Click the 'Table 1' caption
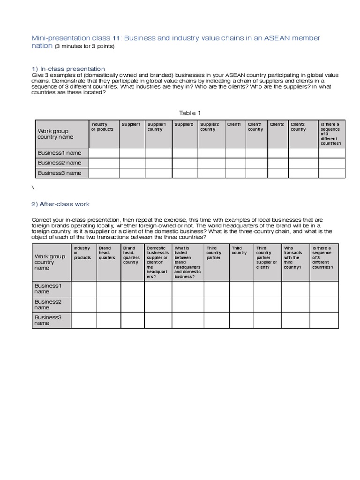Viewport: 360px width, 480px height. point(190,113)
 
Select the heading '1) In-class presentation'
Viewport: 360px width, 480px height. point(68,69)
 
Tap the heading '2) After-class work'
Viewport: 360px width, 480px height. point(60,204)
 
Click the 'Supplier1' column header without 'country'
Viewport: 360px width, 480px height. point(131,124)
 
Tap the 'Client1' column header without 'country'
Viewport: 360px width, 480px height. point(234,124)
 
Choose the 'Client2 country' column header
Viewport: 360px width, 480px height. point(299,127)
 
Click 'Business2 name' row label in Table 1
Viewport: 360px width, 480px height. point(60,163)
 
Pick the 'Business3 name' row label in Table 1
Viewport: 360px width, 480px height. point(60,173)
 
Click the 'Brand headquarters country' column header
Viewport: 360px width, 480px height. point(132,255)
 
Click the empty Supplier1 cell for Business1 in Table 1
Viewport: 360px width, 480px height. point(132,153)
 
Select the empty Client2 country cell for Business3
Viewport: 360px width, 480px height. point(303,173)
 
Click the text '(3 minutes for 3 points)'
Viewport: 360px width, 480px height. point(84,46)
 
